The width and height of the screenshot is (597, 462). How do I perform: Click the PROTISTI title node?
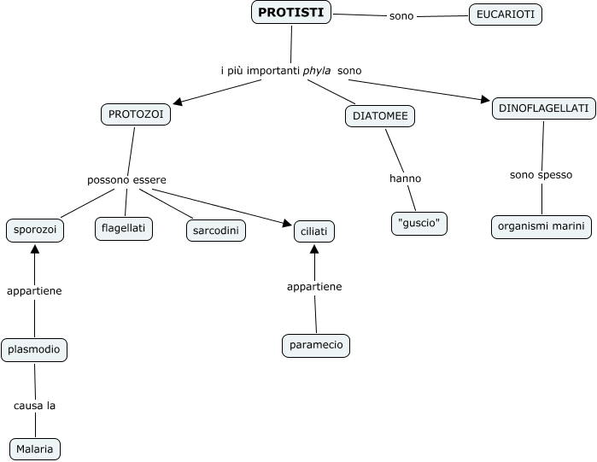pyautogui.click(x=292, y=13)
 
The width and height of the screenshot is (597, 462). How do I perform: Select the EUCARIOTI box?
pyautogui.click(x=506, y=15)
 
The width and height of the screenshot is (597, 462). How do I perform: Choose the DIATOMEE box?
pyautogui.click(x=380, y=116)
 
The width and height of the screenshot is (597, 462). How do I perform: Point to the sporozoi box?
pyautogui.click(x=34, y=231)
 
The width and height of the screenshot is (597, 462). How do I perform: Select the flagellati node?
pyautogui.click(x=124, y=228)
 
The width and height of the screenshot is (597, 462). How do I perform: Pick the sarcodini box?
pyautogui.click(x=215, y=230)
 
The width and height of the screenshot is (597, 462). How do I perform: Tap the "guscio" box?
pyautogui.click(x=419, y=223)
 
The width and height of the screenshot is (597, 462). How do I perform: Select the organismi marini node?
pyautogui.click(x=541, y=226)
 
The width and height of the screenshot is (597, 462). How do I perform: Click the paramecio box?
pyautogui.click(x=316, y=345)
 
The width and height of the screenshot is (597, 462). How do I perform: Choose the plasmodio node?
pyautogui.click(x=34, y=348)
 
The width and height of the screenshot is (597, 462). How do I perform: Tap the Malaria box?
pyautogui.click(x=35, y=448)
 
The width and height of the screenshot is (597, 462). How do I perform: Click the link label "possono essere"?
pyautogui.click(x=126, y=180)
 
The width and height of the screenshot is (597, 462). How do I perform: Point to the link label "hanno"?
pyautogui.click(x=405, y=178)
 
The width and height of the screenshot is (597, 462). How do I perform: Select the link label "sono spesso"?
pyautogui.click(x=541, y=175)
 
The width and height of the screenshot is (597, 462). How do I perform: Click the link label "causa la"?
pyautogui.click(x=35, y=406)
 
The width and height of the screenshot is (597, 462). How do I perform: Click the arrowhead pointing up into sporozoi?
pyautogui.click(x=34, y=249)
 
